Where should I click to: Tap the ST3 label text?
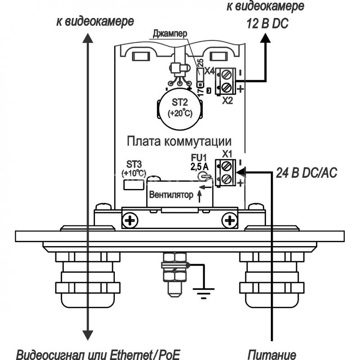(134, 164)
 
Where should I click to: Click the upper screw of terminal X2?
(227, 75)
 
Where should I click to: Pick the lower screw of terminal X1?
(227, 179)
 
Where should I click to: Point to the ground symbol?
(203, 293)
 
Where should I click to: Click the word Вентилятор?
(171, 195)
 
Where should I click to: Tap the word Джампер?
(170, 33)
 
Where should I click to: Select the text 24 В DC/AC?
(306, 173)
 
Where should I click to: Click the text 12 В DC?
(267, 24)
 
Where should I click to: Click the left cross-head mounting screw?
(130, 221)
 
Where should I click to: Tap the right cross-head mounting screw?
(229, 221)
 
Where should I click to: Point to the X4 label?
(209, 71)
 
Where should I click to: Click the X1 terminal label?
(227, 154)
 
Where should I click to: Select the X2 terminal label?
(227, 100)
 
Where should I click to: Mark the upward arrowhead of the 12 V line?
(265, 38)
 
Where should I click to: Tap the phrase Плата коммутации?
(179, 141)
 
